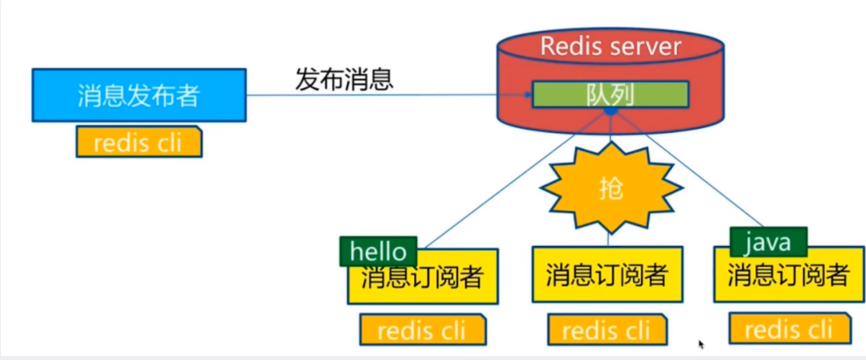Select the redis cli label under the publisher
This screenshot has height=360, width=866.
click(138, 143)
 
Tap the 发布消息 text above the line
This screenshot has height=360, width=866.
click(344, 79)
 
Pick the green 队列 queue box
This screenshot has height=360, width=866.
click(610, 94)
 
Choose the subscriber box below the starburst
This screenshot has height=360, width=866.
click(607, 275)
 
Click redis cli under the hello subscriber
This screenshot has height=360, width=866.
click(423, 330)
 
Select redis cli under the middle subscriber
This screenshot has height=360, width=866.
click(606, 330)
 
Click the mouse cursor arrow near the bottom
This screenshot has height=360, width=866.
click(701, 345)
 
